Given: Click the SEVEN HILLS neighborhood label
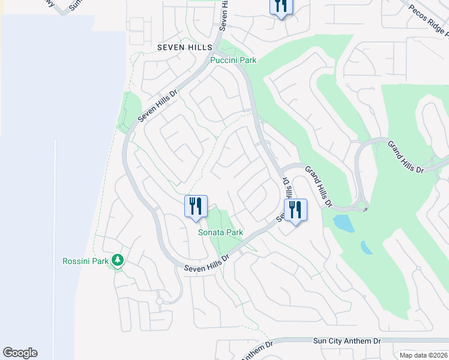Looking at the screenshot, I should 185,47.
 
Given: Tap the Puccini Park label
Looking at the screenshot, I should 234,60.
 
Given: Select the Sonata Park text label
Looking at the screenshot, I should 221,232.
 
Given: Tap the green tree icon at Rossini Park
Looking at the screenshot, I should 119,260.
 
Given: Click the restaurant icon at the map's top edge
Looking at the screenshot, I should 280,7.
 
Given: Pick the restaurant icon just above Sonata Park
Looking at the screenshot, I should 196,207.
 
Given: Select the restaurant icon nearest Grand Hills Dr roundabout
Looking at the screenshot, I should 295,211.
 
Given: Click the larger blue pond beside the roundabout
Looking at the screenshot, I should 343,224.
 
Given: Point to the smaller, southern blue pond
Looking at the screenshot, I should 366,247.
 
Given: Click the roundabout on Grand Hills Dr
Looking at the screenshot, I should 361,206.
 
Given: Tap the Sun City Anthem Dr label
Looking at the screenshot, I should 347,341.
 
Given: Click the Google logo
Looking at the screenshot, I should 20,353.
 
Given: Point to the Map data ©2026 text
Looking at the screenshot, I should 423,355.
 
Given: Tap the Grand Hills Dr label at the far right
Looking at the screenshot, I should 405,157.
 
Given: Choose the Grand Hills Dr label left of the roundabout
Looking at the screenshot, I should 318,187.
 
